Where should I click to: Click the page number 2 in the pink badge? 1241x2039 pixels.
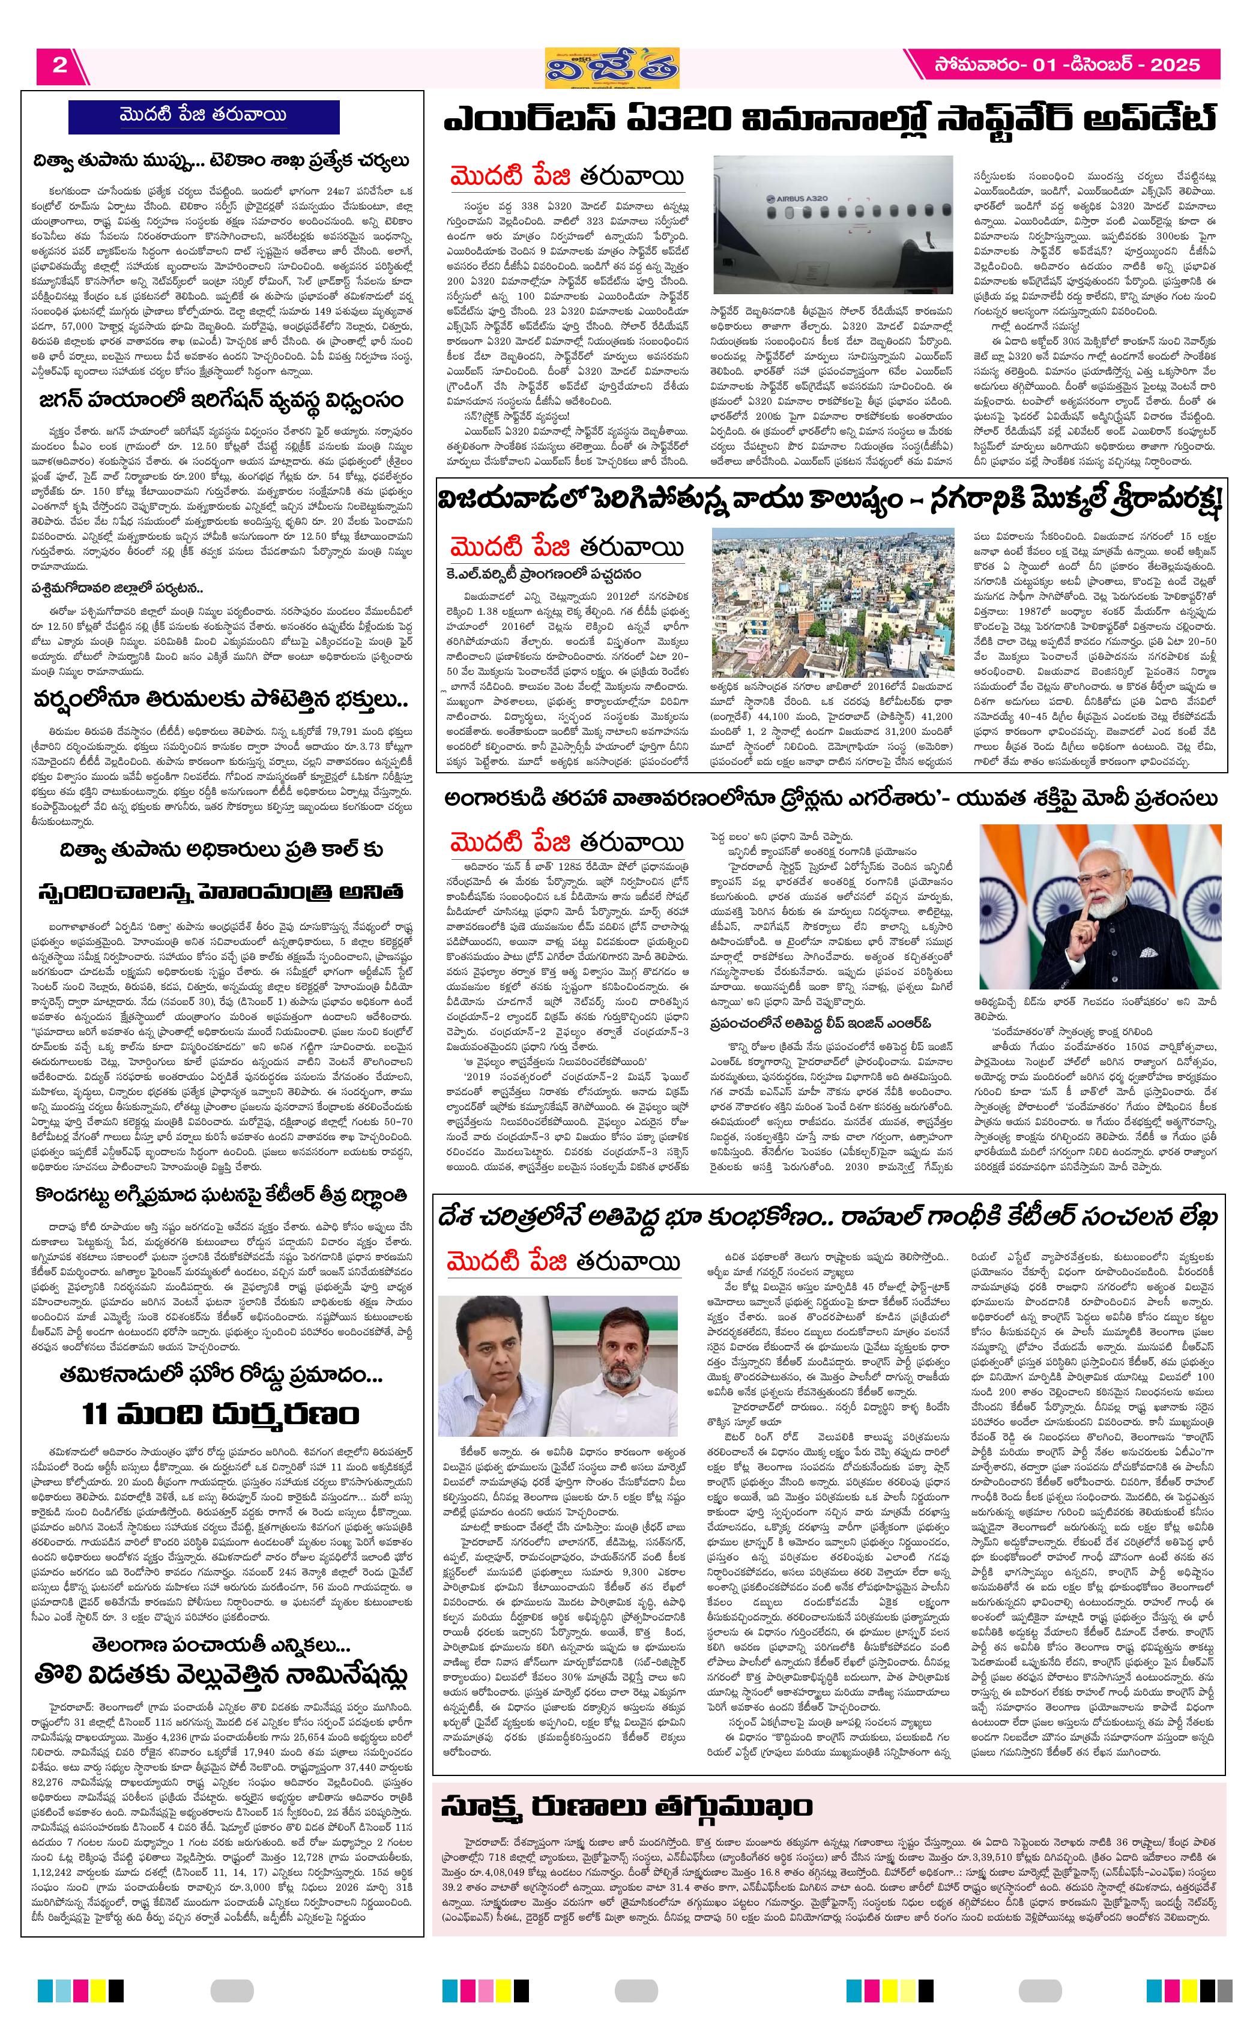[59, 65]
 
